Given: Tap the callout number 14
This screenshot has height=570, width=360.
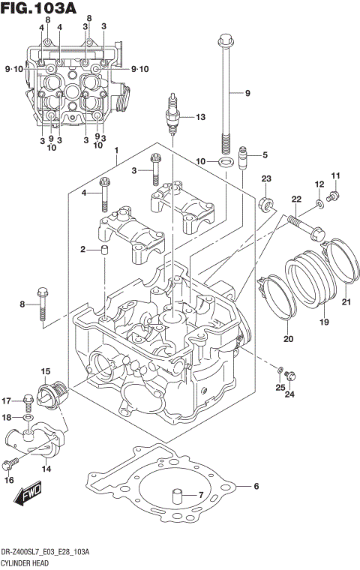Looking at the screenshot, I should tap(46, 469).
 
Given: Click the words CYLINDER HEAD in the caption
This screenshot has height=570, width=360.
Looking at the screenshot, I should tap(24, 562).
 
